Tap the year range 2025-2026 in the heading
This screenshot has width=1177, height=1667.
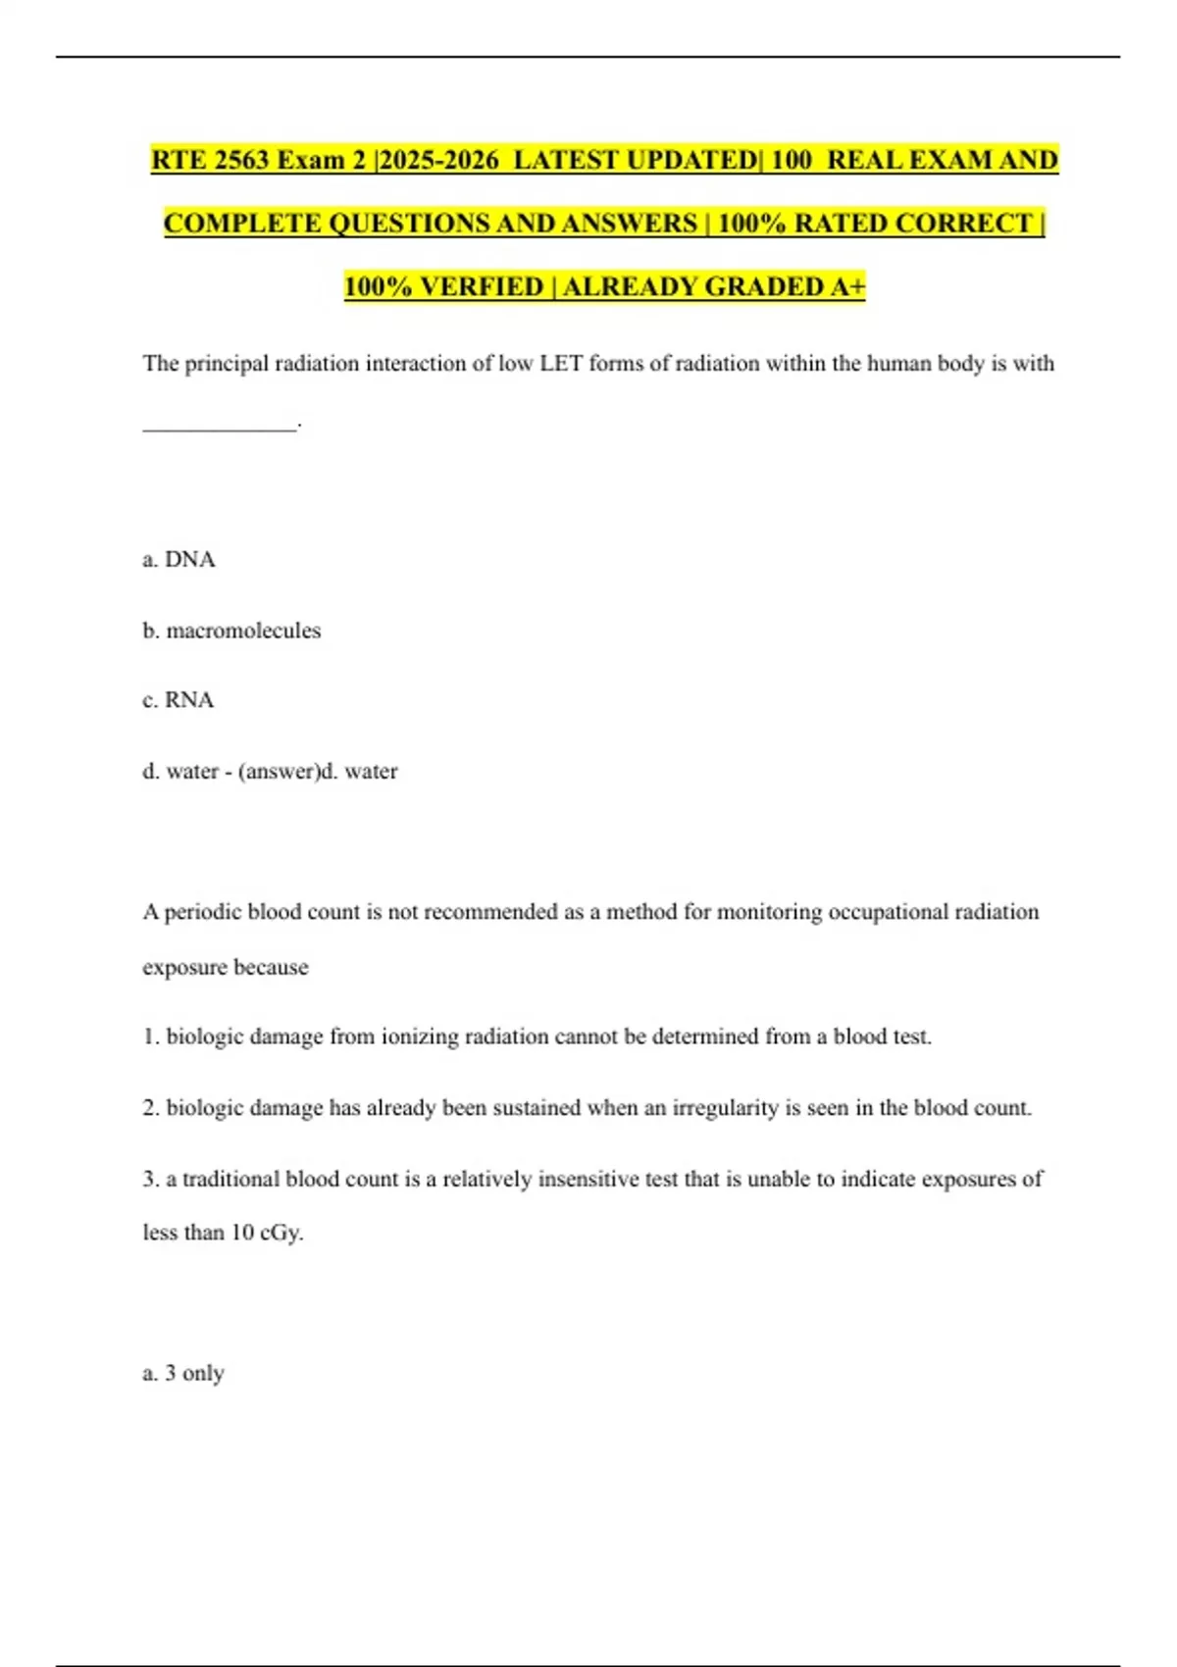439,160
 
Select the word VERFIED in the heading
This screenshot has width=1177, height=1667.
482,286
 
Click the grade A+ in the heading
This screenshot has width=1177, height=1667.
848,286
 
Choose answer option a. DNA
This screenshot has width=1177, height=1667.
179,560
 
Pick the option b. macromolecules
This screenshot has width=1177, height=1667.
231,631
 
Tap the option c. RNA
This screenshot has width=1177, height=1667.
178,700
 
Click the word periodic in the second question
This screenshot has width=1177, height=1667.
203,912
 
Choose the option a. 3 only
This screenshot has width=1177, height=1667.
183,1373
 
